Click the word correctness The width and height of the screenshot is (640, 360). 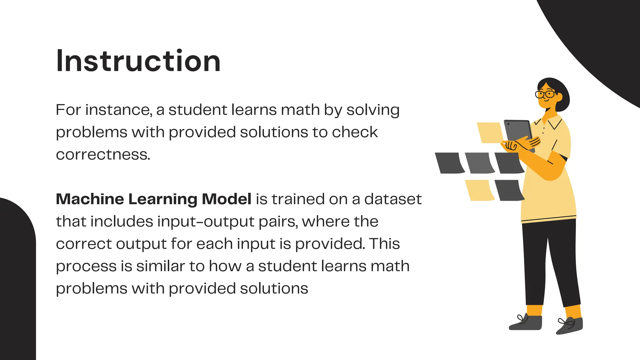(x=103, y=155)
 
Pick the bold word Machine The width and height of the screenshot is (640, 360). (x=90, y=199)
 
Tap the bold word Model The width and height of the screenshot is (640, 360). (x=227, y=199)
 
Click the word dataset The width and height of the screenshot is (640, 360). (x=393, y=199)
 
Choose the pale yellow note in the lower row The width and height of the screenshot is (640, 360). (x=479, y=190)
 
